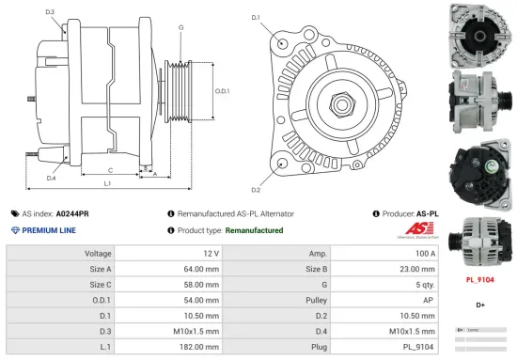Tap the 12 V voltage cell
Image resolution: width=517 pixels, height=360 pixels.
[x=210, y=254]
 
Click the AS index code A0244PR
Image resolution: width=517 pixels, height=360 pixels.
[x=72, y=214]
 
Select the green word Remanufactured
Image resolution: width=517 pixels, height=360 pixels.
[x=254, y=230]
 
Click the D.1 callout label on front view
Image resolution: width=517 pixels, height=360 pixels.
[x=257, y=18]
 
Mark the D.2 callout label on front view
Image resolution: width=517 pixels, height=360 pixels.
[x=257, y=164]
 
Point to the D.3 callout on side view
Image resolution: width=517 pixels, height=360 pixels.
[x=49, y=12]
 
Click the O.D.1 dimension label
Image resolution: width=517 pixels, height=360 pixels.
[x=222, y=91]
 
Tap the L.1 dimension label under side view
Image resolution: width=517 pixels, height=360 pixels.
[x=107, y=184]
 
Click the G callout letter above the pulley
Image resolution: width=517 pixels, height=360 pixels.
[x=180, y=27]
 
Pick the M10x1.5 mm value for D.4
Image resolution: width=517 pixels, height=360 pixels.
[x=415, y=329]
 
